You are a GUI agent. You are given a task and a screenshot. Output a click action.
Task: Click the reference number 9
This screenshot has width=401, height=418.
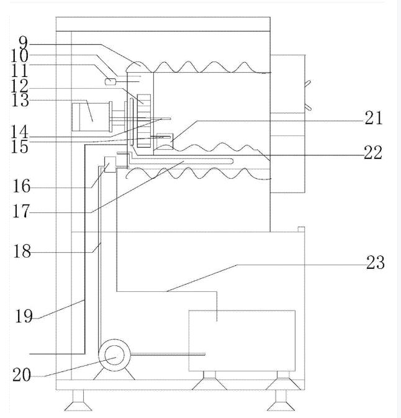(x=23, y=44)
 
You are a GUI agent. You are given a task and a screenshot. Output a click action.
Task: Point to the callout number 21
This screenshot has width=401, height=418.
(x=373, y=119)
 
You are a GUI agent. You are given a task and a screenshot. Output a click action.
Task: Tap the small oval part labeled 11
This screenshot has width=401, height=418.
(x=111, y=81)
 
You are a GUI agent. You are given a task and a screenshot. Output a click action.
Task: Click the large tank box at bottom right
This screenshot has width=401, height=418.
(x=241, y=340)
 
